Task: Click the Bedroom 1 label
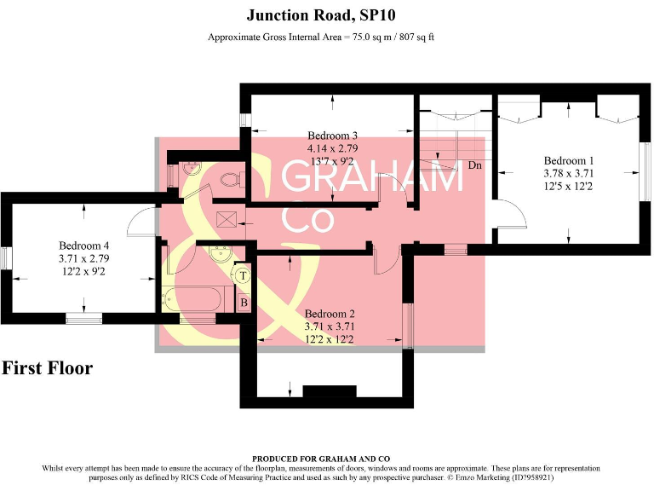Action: [x=569, y=160]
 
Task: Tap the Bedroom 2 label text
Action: [x=330, y=313]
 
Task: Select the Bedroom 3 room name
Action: [x=332, y=136]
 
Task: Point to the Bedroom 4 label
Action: [x=83, y=245]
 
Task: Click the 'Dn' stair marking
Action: [x=475, y=165]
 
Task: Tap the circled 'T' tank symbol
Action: [x=243, y=275]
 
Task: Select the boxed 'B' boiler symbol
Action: [x=244, y=302]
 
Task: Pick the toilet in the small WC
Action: [x=228, y=179]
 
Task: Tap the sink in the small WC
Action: [x=191, y=167]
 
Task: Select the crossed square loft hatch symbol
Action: [x=227, y=220]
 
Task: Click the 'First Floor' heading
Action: [x=47, y=368]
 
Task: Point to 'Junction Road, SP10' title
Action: [x=321, y=14]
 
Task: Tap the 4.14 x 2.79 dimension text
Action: [x=332, y=147]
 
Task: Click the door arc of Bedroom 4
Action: [x=140, y=222]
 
